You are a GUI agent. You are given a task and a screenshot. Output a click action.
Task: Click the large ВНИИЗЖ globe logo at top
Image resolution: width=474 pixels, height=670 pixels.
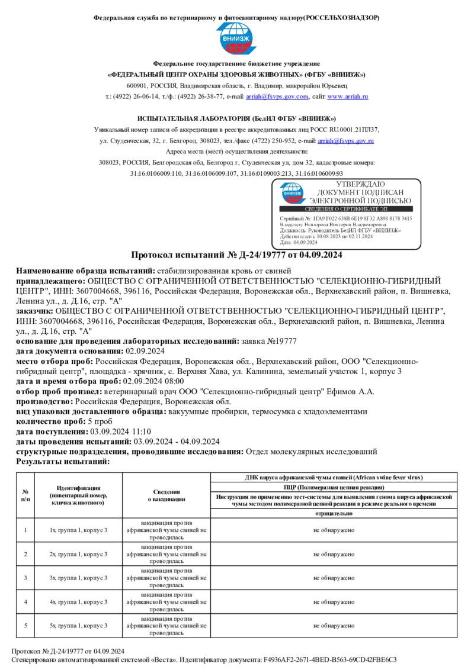pyautogui.click(x=236, y=39)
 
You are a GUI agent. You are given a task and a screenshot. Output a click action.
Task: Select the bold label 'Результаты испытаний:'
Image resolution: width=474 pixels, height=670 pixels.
pyautogui.click(x=63, y=460)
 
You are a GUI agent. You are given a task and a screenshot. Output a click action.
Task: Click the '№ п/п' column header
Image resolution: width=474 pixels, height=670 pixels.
pyautogui.click(x=25, y=495)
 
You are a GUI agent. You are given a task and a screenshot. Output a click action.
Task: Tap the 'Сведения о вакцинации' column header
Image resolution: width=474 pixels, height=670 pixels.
pyautogui.click(x=166, y=495)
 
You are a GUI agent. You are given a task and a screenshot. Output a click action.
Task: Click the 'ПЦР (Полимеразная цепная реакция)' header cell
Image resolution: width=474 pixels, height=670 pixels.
pyautogui.click(x=334, y=487)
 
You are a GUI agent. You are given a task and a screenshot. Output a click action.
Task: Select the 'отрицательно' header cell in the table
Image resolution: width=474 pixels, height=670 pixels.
pyautogui.click(x=334, y=514)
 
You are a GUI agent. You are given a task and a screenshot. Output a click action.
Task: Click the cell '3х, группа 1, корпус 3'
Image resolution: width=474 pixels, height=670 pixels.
pyautogui.click(x=78, y=578)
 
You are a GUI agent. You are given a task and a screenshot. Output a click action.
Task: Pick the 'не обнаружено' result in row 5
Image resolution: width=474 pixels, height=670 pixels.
pyautogui.click(x=334, y=626)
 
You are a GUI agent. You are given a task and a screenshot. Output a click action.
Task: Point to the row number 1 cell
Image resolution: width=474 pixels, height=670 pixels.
pyautogui.click(x=25, y=530)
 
